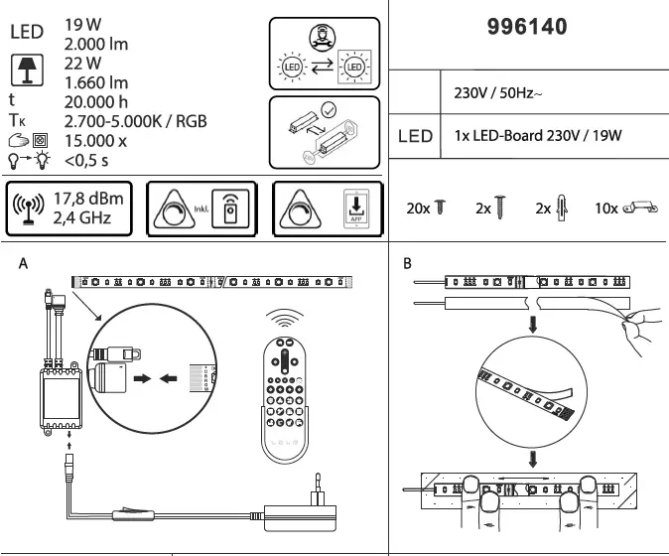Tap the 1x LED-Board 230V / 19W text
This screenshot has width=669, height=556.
click(537, 135)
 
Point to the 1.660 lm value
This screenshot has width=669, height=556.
click(96, 81)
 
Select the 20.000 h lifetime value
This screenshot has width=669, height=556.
click(97, 100)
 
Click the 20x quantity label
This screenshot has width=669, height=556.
click(417, 208)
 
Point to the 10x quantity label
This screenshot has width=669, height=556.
click(605, 208)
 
